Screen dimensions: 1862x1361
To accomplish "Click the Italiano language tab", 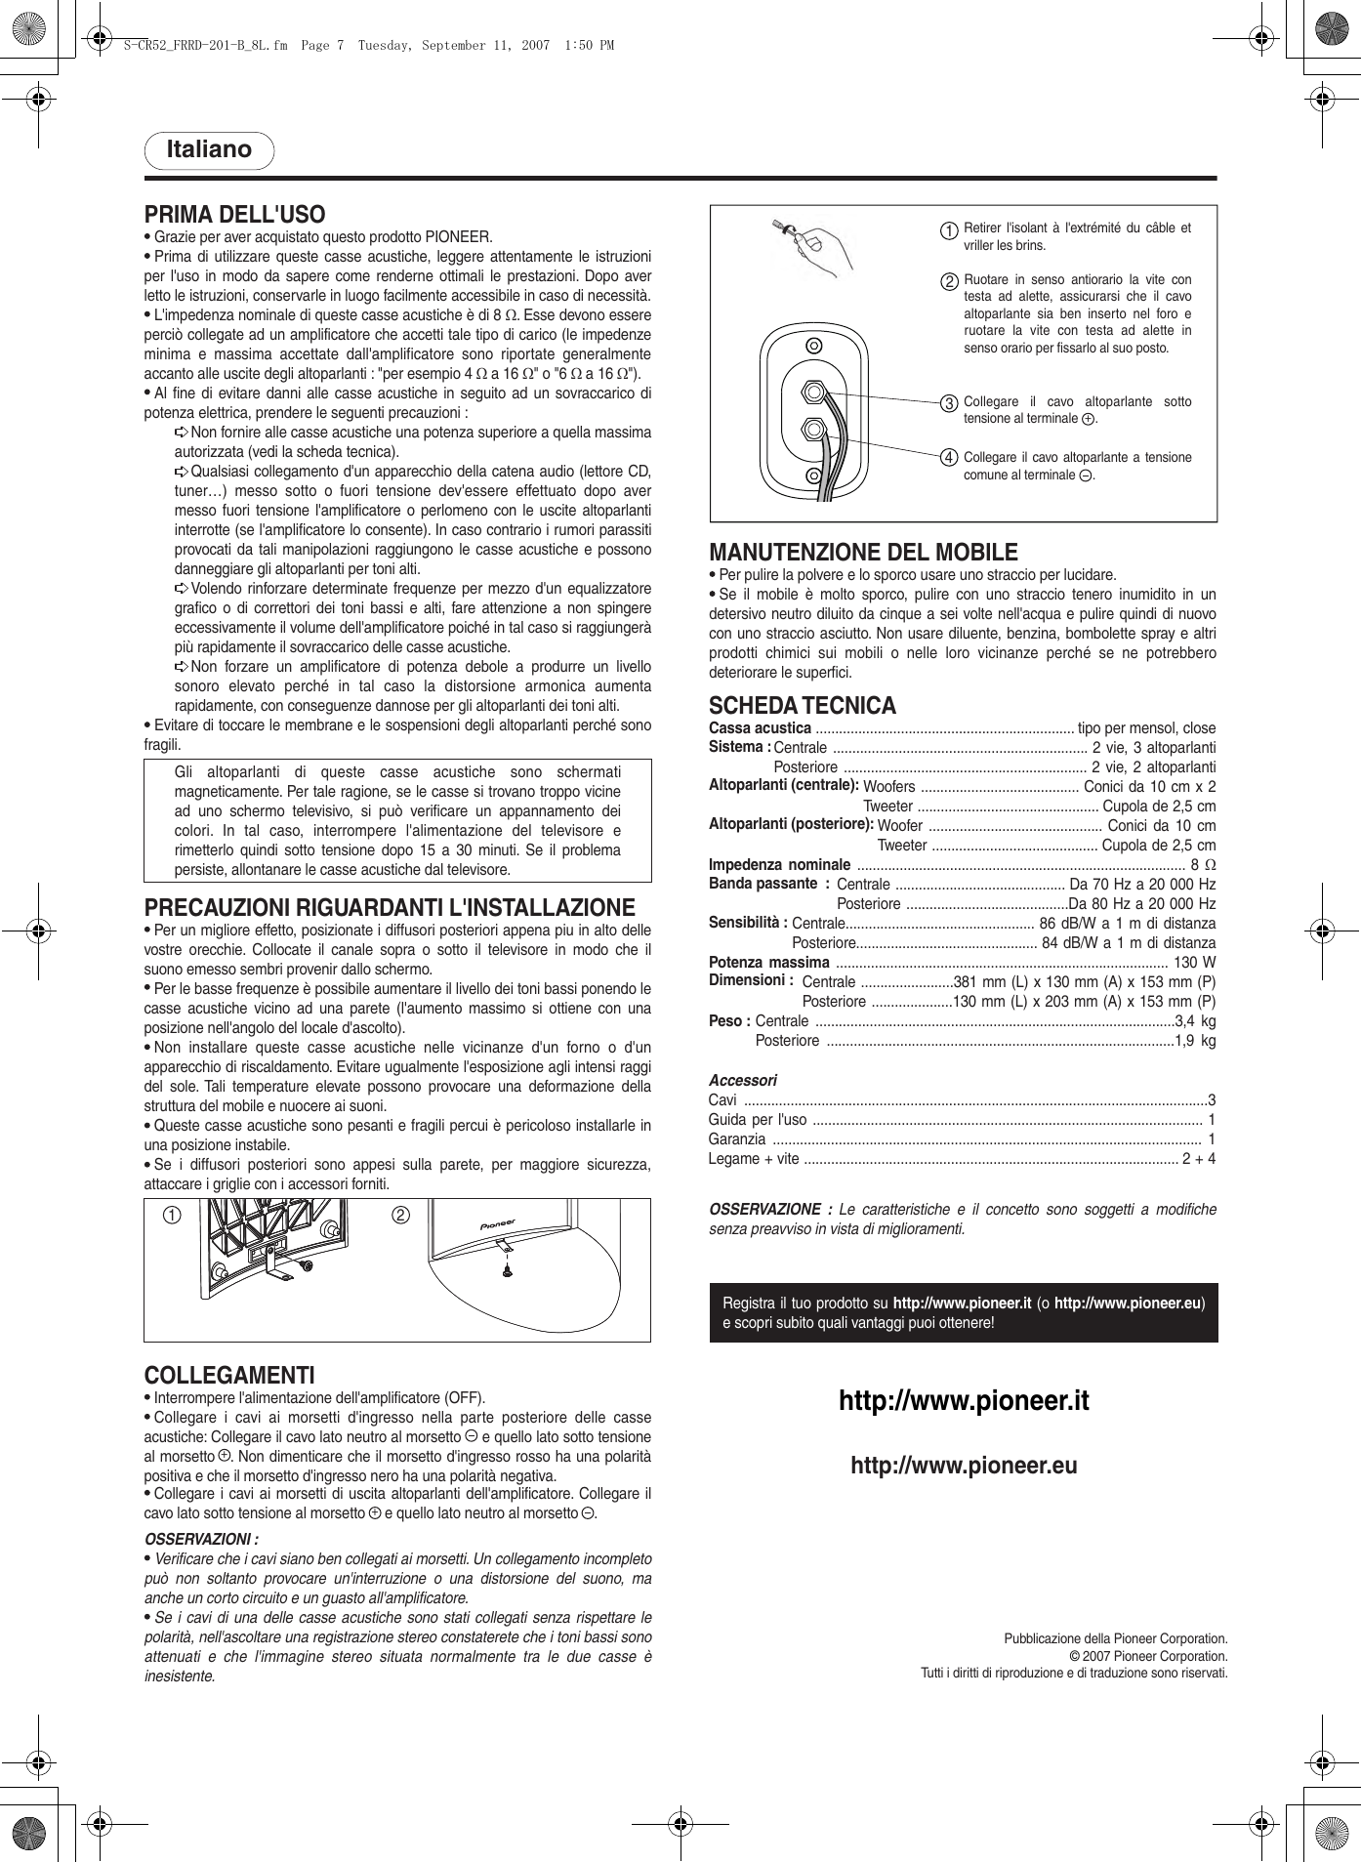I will tap(209, 150).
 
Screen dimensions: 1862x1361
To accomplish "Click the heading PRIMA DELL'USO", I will tap(234, 215).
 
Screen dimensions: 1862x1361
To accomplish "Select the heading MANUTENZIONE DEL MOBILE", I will tap(863, 553).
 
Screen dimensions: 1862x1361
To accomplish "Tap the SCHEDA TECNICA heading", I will tap(802, 706).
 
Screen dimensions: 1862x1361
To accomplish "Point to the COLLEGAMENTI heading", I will tap(229, 1376).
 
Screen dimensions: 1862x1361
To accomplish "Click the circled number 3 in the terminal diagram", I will tap(948, 403).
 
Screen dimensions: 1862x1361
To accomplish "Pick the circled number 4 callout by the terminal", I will tap(948, 458).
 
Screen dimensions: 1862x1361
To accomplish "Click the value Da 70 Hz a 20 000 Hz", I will tap(1142, 885).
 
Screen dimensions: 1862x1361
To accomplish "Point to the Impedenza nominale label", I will tap(779, 865).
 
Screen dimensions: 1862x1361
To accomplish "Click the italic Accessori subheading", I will tap(742, 1081).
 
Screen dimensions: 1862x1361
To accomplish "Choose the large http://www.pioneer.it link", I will tap(964, 1401).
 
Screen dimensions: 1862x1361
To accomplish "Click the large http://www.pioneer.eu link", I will tap(964, 1466).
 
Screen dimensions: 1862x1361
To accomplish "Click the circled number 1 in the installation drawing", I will tap(172, 1216).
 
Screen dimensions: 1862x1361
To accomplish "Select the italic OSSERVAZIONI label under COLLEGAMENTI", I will tap(201, 1540).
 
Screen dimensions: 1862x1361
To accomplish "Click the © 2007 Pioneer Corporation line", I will tap(1148, 1656).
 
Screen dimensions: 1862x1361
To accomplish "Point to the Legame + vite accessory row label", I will tap(753, 1159).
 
